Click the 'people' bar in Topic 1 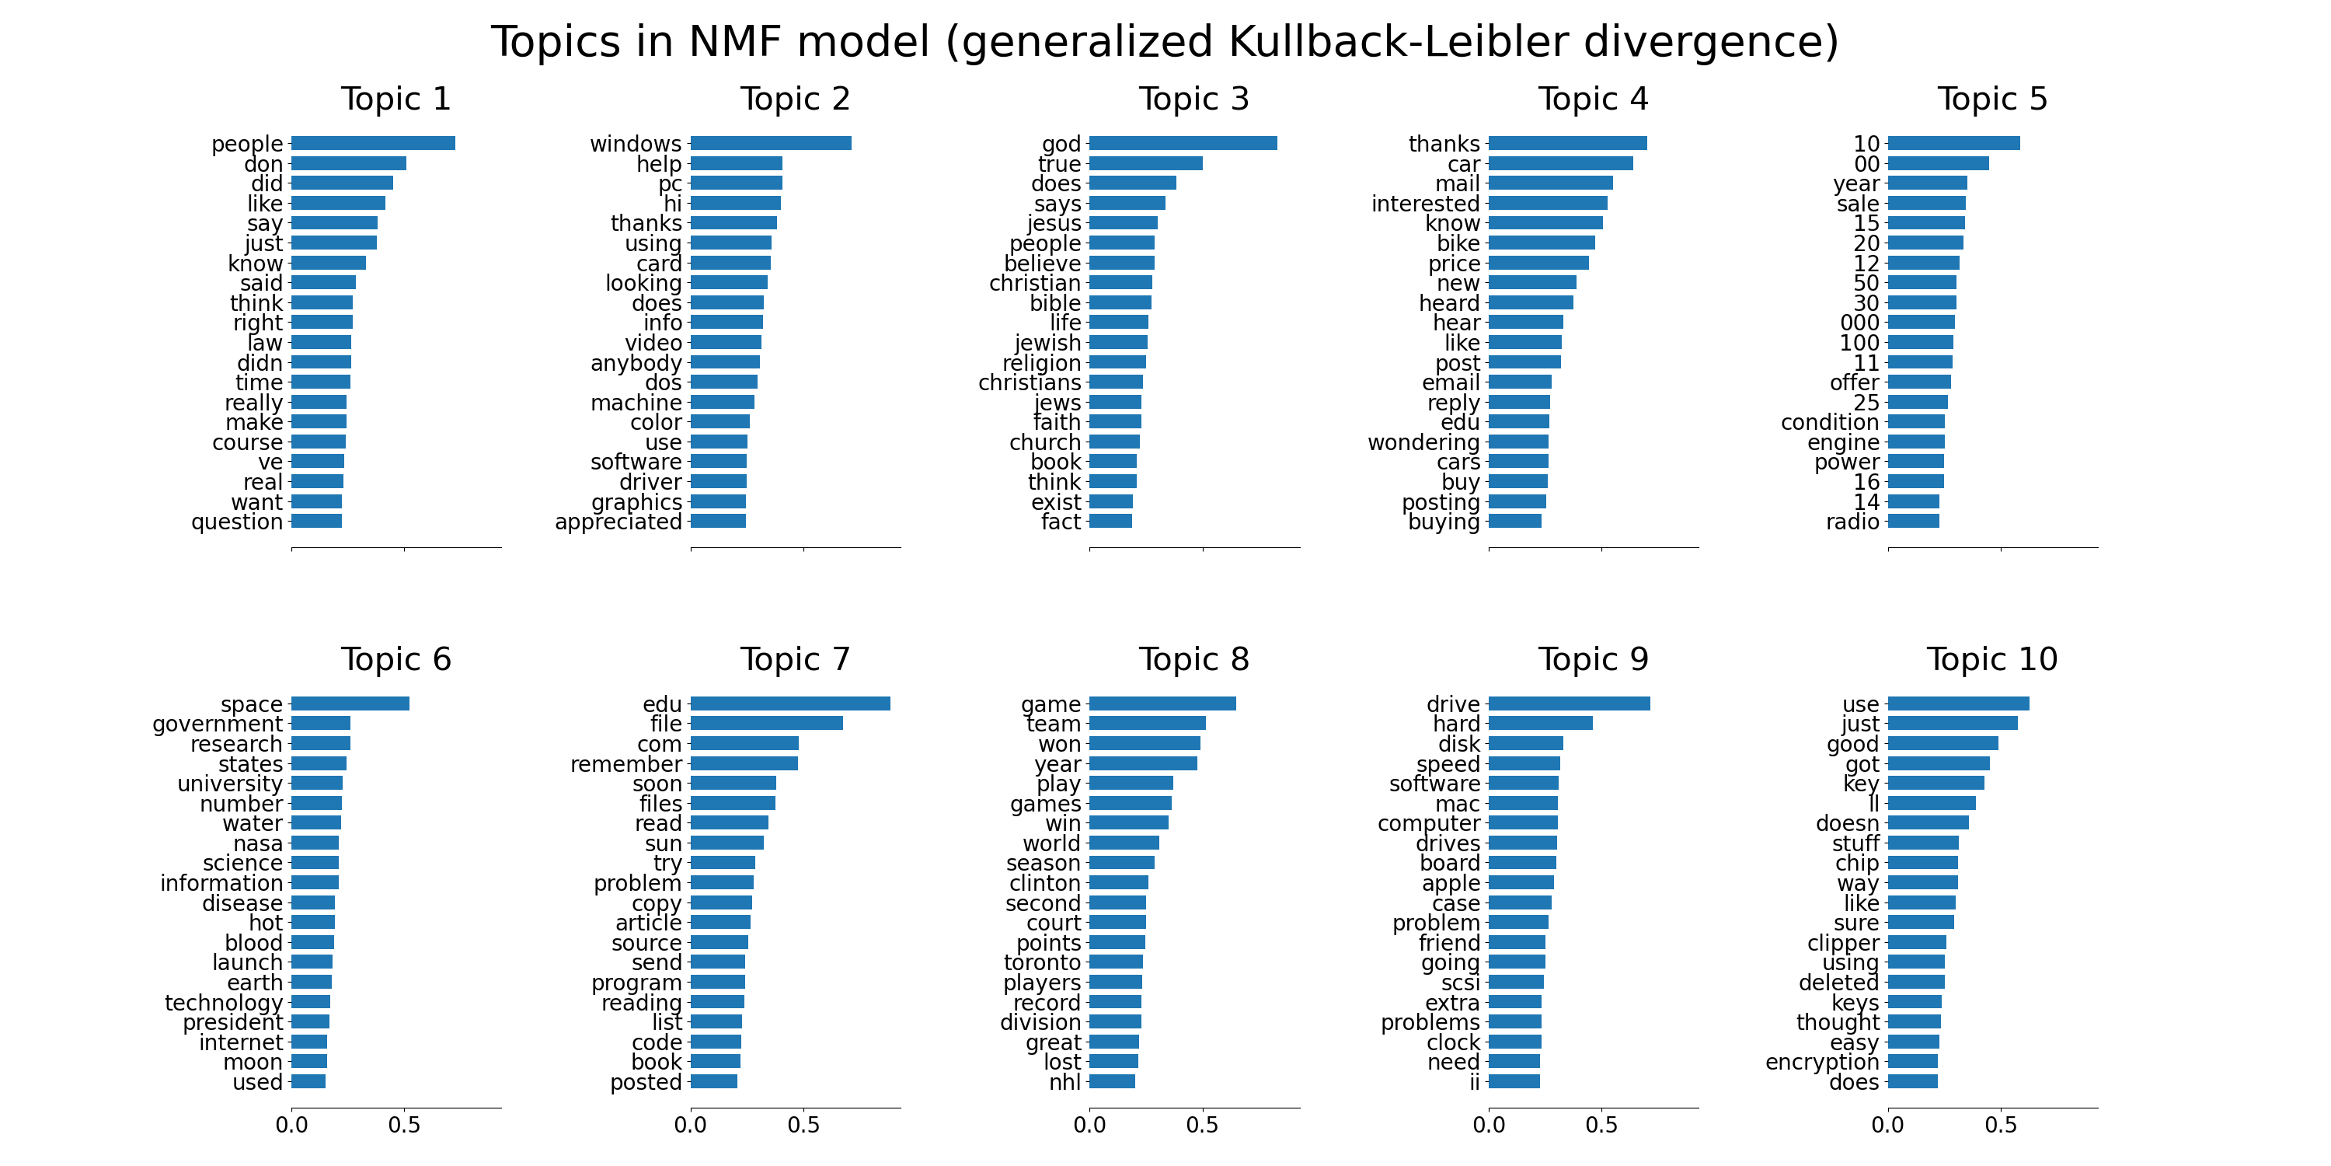(373, 143)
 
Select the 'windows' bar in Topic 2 (770, 143)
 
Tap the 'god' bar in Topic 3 (1183, 143)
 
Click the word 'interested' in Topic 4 (1425, 204)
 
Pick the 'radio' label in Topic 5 (1852, 522)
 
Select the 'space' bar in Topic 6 (350, 703)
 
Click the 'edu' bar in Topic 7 (790, 703)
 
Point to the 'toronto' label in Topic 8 (1043, 962)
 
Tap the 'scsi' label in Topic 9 (1461, 983)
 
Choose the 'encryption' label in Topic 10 (1821, 1062)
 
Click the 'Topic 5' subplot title (1991, 99)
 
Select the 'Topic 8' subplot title (1193, 659)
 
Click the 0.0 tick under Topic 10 (1887, 1126)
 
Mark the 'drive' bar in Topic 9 (1569, 703)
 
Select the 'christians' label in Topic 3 (1029, 383)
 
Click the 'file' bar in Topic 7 (766, 724)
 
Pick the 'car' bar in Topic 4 (1561, 164)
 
